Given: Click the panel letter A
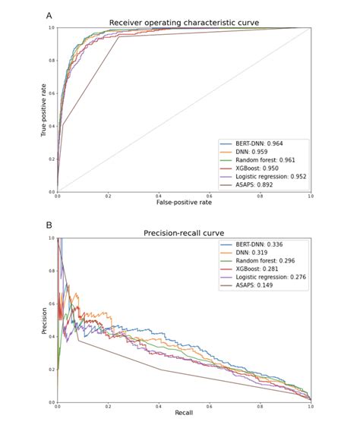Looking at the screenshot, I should [49, 15].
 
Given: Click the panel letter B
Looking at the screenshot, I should [49, 225].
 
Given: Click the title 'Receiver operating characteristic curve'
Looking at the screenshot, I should [184, 23].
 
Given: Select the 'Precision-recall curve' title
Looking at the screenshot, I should [184, 233].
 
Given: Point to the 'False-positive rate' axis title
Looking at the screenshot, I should [184, 203].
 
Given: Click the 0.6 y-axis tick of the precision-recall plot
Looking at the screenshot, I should [52, 304].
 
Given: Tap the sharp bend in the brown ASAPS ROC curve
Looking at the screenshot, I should [119, 37].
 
